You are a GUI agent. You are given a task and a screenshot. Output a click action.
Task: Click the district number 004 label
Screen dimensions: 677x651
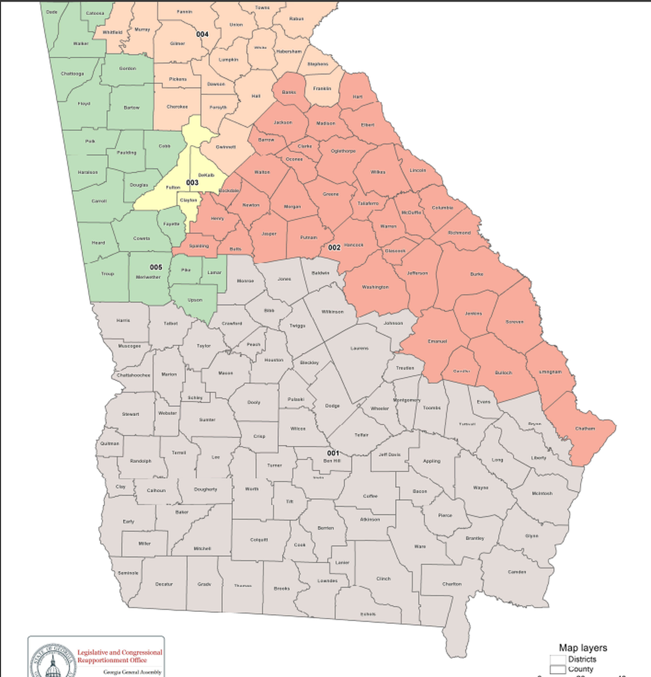[x=202, y=34]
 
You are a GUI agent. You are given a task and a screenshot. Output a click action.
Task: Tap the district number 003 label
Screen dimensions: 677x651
[x=192, y=183]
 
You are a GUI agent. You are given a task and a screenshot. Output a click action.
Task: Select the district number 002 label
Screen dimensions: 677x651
[x=334, y=247]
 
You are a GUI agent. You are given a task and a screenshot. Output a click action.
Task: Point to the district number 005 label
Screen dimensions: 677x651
[x=156, y=267]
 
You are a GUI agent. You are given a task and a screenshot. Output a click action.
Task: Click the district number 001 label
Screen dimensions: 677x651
[x=333, y=453]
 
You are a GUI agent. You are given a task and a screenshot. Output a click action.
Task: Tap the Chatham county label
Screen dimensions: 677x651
[x=585, y=428]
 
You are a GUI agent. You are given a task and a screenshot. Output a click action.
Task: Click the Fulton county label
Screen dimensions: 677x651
[x=173, y=187]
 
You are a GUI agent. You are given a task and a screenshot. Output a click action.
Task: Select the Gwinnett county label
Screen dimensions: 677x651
[x=226, y=147]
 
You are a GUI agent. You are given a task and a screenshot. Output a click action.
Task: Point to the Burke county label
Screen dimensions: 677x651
[x=477, y=274]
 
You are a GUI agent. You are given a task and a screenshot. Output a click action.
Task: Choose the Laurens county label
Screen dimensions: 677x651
[x=359, y=348]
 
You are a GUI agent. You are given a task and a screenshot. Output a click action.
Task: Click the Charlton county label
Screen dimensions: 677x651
[x=452, y=584]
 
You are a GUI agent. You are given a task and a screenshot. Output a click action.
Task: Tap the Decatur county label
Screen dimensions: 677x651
[x=164, y=584]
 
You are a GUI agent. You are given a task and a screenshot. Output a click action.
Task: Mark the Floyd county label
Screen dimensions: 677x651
[x=84, y=103]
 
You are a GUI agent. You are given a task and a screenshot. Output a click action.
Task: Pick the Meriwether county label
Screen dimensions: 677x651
[x=148, y=277]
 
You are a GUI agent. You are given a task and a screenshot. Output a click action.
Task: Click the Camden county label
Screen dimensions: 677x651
[x=517, y=572]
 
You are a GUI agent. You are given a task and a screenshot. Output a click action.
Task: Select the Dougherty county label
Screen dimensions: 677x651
[x=206, y=489]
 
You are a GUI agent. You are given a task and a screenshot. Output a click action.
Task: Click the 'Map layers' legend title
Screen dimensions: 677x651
[x=582, y=647]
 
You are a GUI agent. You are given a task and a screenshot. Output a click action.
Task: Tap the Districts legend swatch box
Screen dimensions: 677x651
[x=557, y=659]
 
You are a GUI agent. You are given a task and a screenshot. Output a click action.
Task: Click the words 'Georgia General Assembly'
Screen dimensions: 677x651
[x=128, y=672]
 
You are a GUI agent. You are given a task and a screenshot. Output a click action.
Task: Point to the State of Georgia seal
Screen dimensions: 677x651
[x=53, y=662]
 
